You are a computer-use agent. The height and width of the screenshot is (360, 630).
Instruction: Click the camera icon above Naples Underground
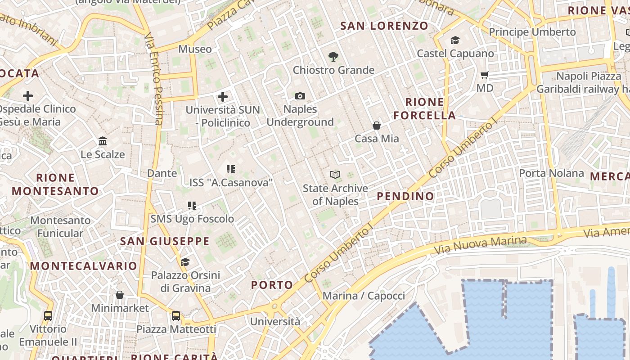(300, 96)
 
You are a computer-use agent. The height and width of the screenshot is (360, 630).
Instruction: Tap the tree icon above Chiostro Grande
(333, 57)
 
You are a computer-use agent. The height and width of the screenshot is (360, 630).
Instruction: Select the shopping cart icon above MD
(485, 75)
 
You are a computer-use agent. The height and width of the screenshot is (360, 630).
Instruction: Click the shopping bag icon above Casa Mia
(377, 126)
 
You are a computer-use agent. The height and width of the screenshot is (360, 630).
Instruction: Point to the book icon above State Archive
(335, 175)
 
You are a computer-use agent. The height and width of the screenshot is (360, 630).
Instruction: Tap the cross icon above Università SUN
(223, 96)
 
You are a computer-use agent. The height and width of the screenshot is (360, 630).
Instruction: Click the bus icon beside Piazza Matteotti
(176, 316)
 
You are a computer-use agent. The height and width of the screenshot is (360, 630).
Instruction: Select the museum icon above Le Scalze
(103, 141)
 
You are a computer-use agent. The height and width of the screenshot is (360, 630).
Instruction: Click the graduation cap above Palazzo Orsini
(185, 262)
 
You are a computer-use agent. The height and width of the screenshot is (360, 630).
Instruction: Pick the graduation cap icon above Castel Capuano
(455, 40)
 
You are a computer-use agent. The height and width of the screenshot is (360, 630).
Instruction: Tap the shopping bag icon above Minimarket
(120, 295)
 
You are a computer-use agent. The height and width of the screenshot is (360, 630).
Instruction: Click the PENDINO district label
(405, 196)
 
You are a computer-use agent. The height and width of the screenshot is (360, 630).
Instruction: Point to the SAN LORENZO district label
(384, 26)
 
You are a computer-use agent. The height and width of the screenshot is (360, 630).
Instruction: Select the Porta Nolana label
(551, 173)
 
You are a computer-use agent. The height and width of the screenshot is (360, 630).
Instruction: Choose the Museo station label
(195, 49)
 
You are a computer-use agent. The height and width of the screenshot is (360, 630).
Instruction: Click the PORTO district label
(272, 285)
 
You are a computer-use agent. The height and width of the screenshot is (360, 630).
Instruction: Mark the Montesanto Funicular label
(60, 227)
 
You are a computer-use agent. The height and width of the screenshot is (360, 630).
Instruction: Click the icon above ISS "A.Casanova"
(231, 169)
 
